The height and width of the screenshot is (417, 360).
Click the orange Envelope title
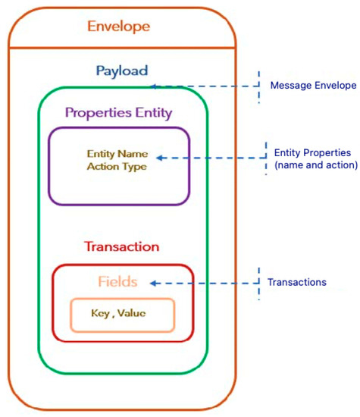tap(119, 27)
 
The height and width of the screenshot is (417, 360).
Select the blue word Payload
tap(122, 71)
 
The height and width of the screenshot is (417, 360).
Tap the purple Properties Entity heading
tap(119, 113)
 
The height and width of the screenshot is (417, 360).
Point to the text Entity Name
tap(117, 154)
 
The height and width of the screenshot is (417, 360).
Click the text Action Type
tap(117, 167)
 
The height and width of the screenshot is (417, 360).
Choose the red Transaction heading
tap(122, 247)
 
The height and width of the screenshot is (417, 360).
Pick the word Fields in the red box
tap(117, 282)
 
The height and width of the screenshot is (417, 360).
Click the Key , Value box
tap(122, 314)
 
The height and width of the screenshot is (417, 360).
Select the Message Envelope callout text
tap(313, 85)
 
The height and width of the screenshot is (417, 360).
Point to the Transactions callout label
tap(297, 282)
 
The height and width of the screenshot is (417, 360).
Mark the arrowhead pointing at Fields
tap(152, 283)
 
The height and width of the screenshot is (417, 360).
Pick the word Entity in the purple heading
tap(153, 113)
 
